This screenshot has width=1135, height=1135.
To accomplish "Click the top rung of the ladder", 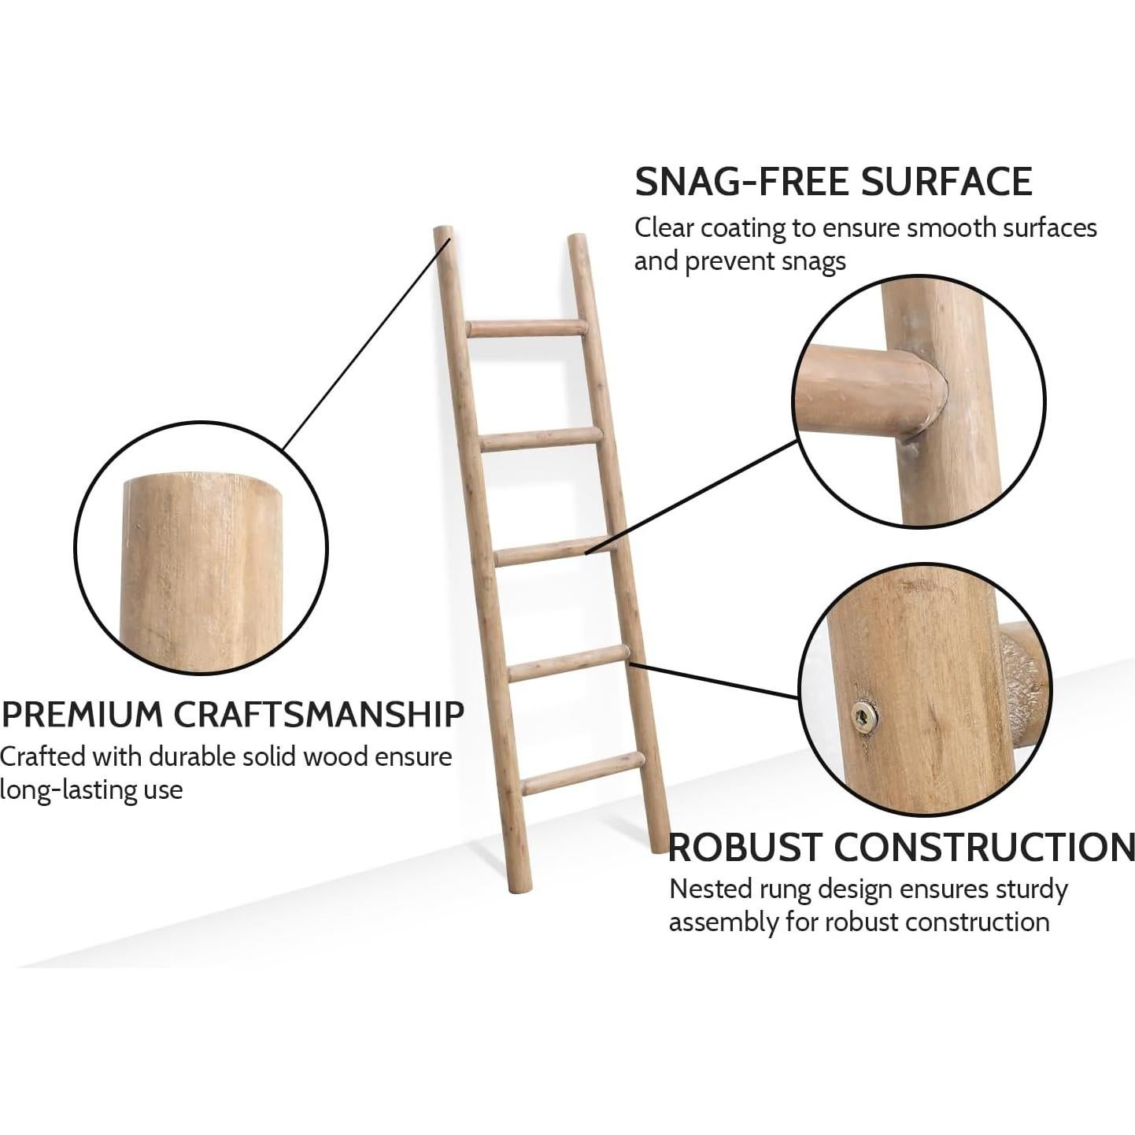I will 527,328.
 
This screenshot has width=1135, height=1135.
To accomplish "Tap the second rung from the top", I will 542,439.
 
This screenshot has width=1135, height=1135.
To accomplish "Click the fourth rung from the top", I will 568,663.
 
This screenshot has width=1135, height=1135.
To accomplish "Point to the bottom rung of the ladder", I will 582,773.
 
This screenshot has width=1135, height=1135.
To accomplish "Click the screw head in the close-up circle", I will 865,715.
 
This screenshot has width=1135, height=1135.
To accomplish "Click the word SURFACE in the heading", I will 946,182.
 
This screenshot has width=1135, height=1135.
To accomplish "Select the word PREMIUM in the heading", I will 82,715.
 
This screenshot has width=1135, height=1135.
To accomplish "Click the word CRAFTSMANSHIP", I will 318,715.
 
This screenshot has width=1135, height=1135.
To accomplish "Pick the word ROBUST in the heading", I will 745,848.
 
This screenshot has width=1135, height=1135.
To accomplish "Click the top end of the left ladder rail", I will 444,234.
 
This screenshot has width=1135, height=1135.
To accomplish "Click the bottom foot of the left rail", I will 519,886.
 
